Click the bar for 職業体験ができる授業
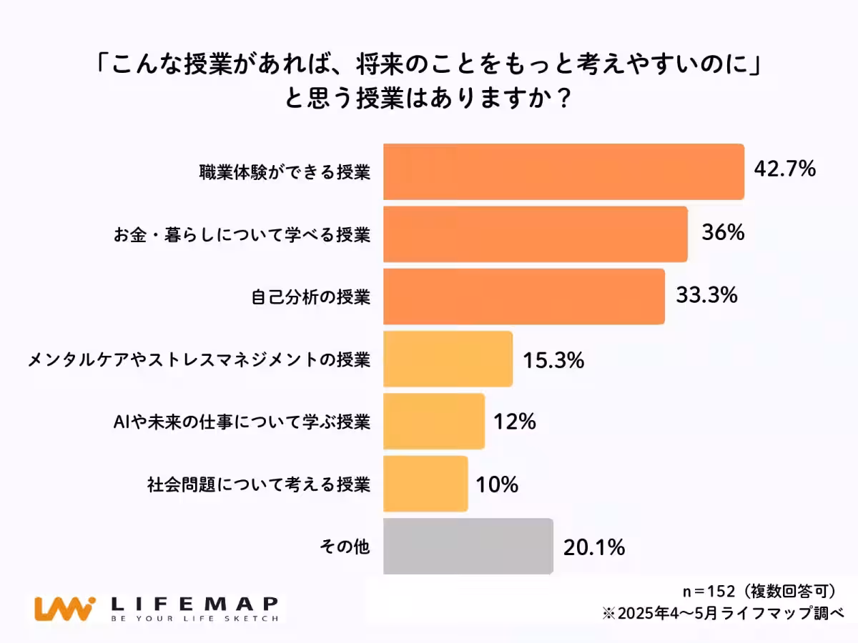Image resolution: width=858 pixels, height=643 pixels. pyautogui.click(x=563, y=171)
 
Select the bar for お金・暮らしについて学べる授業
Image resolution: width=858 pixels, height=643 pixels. pyautogui.click(x=536, y=234)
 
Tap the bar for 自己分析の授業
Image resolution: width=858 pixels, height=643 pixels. pyautogui.click(x=524, y=296)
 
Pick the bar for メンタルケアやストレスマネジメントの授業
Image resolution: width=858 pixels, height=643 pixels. pyautogui.click(x=448, y=359)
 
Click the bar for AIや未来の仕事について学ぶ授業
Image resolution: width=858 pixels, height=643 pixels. pyautogui.click(x=434, y=422)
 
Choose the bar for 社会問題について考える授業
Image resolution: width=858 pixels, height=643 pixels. pyautogui.click(x=425, y=484)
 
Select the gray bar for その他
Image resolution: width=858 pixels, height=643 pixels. pyautogui.click(x=468, y=547)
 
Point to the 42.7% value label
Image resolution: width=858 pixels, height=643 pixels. pyautogui.click(x=784, y=169)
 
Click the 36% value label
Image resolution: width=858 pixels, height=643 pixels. pyautogui.click(x=722, y=232)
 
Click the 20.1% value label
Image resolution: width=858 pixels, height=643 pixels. pyautogui.click(x=594, y=547)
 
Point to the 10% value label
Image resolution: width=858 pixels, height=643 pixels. pyautogui.click(x=496, y=485)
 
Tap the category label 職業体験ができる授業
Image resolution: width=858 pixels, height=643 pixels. pyautogui.click(x=285, y=172)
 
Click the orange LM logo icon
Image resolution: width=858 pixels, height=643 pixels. pyautogui.click(x=64, y=608)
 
